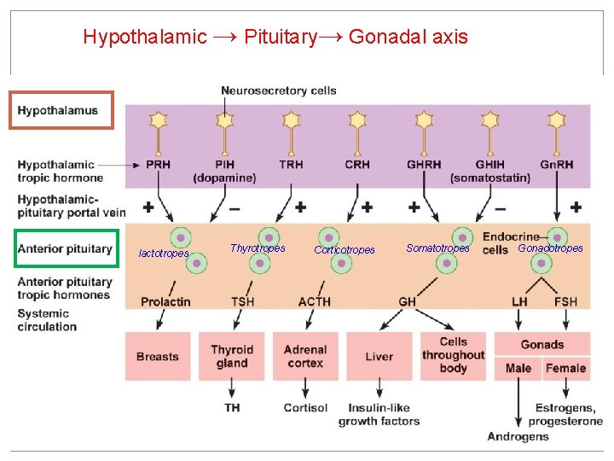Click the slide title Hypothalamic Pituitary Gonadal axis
[x=275, y=37]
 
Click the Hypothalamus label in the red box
[x=58, y=110]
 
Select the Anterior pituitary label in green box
[x=65, y=248]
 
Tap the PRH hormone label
[x=158, y=164]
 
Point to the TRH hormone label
[x=292, y=164]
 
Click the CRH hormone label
[x=357, y=164]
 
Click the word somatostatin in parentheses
[x=490, y=178]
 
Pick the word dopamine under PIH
[x=224, y=178]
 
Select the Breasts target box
[x=158, y=356]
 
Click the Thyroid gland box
[x=232, y=356]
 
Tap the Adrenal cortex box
[x=305, y=356]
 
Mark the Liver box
[x=379, y=356]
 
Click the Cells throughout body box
[x=453, y=355]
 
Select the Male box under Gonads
[x=518, y=369]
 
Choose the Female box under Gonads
[x=566, y=369]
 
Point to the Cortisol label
[x=305, y=407]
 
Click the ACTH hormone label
[x=314, y=301]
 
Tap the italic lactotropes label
[x=164, y=254]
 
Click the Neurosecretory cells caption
[x=278, y=90]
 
